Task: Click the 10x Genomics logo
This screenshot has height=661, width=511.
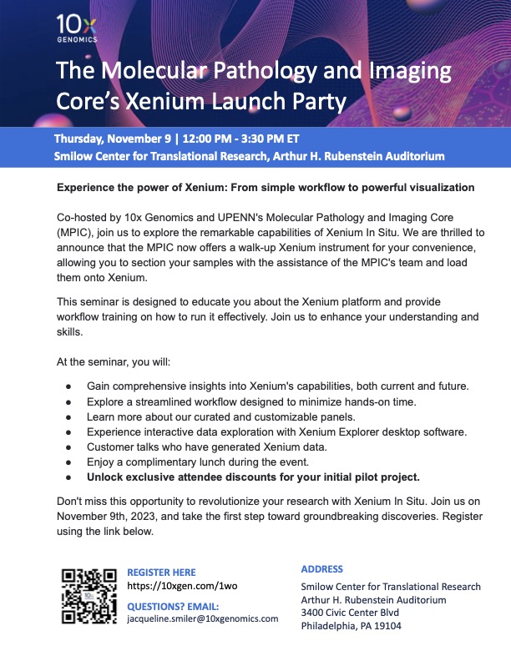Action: coord(78,28)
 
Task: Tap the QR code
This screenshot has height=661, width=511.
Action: coord(89,596)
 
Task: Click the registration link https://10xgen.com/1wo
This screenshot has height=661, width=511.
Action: coord(182,586)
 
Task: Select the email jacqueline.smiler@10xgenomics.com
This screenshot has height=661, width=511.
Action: coord(203,619)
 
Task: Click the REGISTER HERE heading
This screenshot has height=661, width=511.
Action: coord(161,573)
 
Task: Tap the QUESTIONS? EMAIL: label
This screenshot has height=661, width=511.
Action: coord(173,606)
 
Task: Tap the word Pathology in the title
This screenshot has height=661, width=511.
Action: coord(274,70)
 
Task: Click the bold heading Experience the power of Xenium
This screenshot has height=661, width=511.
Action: coord(266,188)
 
